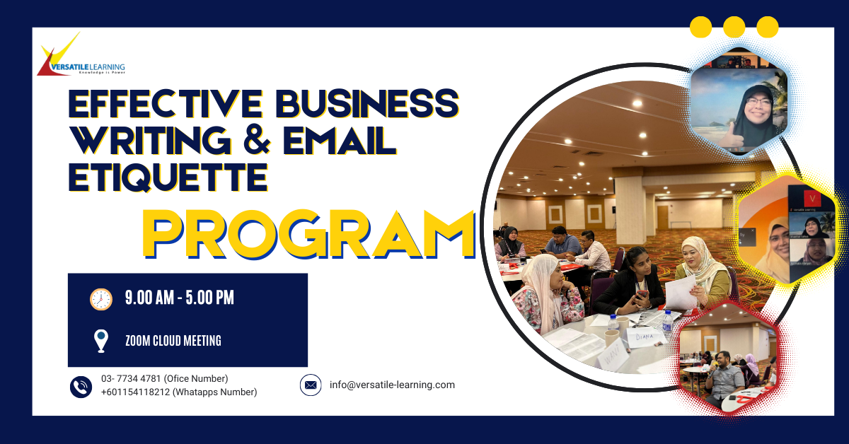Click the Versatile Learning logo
click(x=81, y=55)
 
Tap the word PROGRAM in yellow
click(x=309, y=235)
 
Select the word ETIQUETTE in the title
click(x=168, y=177)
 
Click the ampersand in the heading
click(x=257, y=140)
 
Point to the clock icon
click(x=101, y=299)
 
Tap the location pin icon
click(x=101, y=341)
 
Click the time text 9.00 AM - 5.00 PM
click(x=180, y=298)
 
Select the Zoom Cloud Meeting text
click(x=173, y=341)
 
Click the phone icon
click(x=81, y=387)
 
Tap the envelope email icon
click(x=311, y=385)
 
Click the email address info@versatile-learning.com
click(x=392, y=385)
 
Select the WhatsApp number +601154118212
click(x=135, y=392)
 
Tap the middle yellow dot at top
click(x=734, y=27)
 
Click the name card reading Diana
click(x=645, y=337)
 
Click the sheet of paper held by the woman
click(x=681, y=293)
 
